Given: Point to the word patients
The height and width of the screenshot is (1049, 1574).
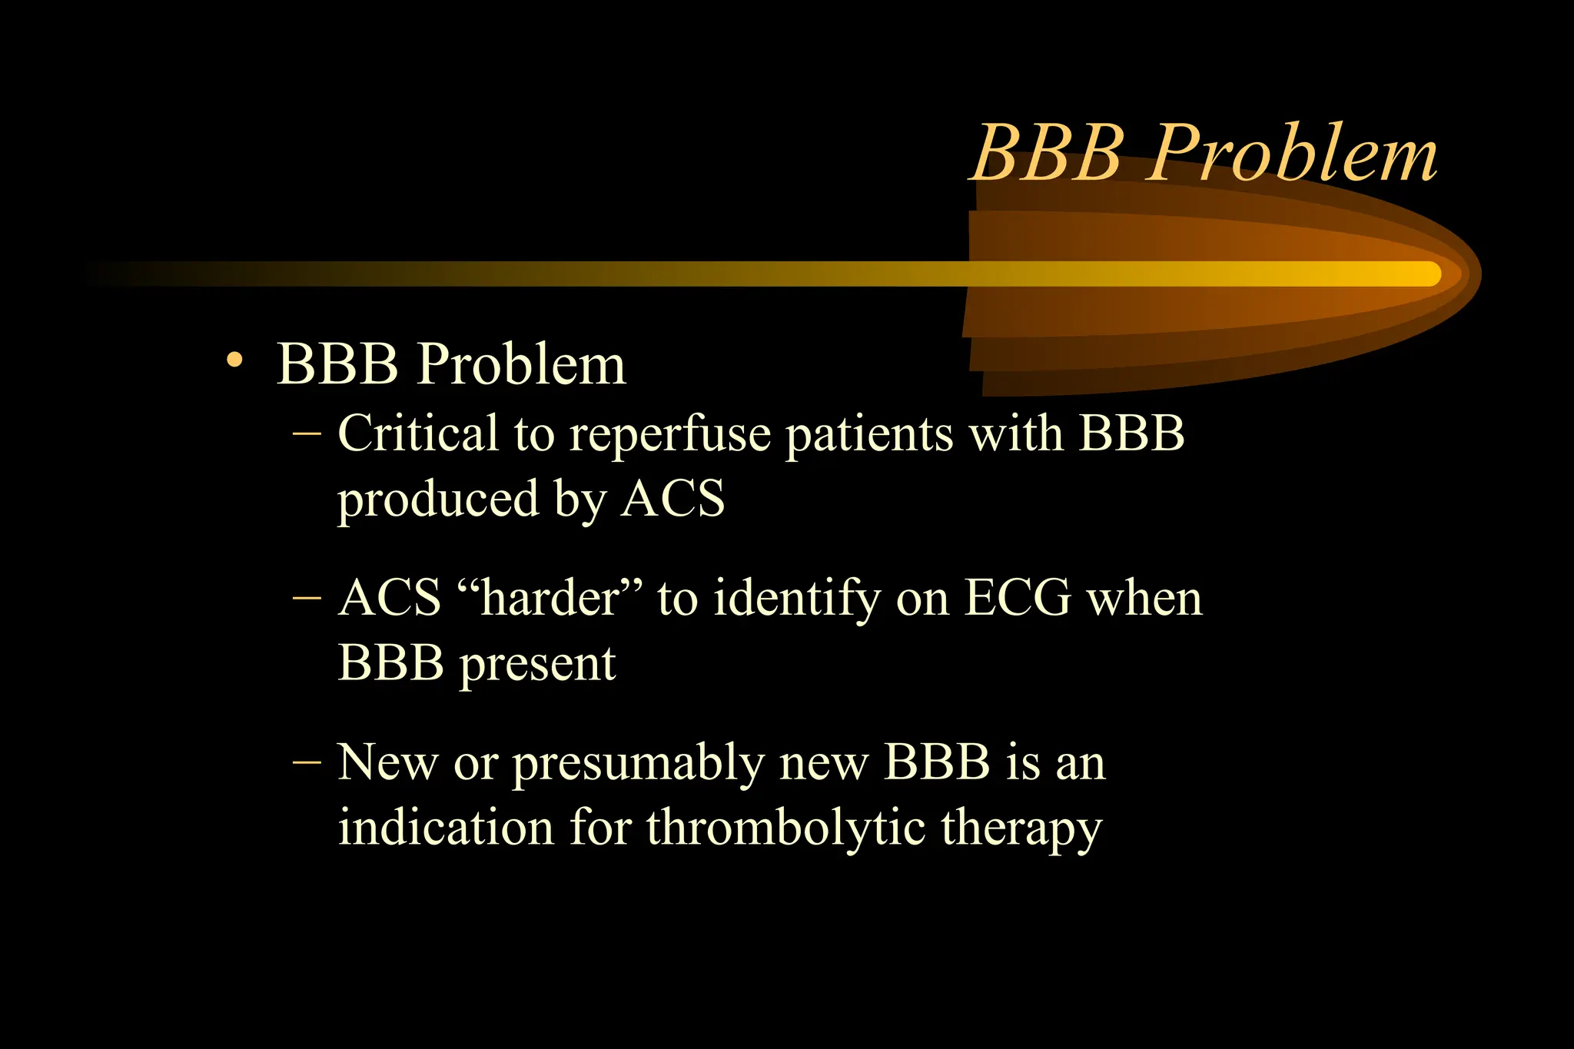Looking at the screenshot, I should tap(868, 435).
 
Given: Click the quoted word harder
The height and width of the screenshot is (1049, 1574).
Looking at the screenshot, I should tap(549, 598).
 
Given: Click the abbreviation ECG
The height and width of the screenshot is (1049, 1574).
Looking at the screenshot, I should tap(1018, 598).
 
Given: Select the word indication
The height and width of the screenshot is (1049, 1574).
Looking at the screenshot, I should tap(446, 828).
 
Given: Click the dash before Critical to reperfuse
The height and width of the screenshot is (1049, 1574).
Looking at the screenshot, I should tap(307, 435).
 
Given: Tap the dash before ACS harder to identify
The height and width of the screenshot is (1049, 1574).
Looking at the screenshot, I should tap(307, 599).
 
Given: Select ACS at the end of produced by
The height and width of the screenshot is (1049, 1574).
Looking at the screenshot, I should tap(673, 499).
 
